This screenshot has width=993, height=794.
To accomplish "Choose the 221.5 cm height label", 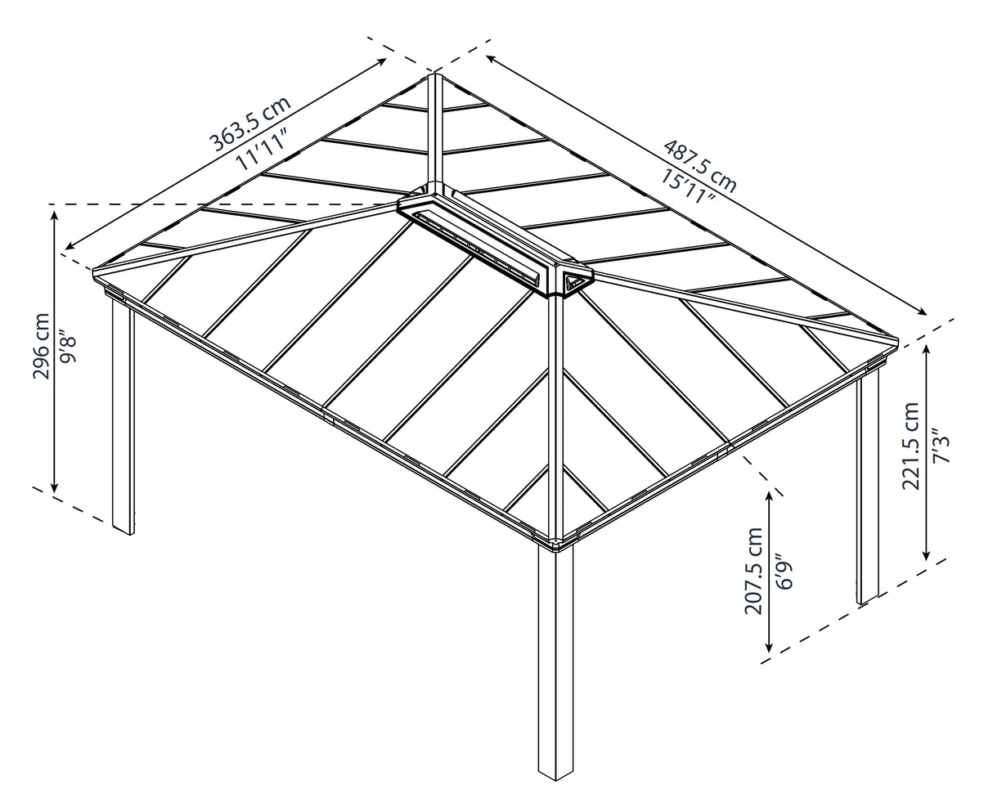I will coord(911,446).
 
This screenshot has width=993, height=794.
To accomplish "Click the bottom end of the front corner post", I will coord(555,770).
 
